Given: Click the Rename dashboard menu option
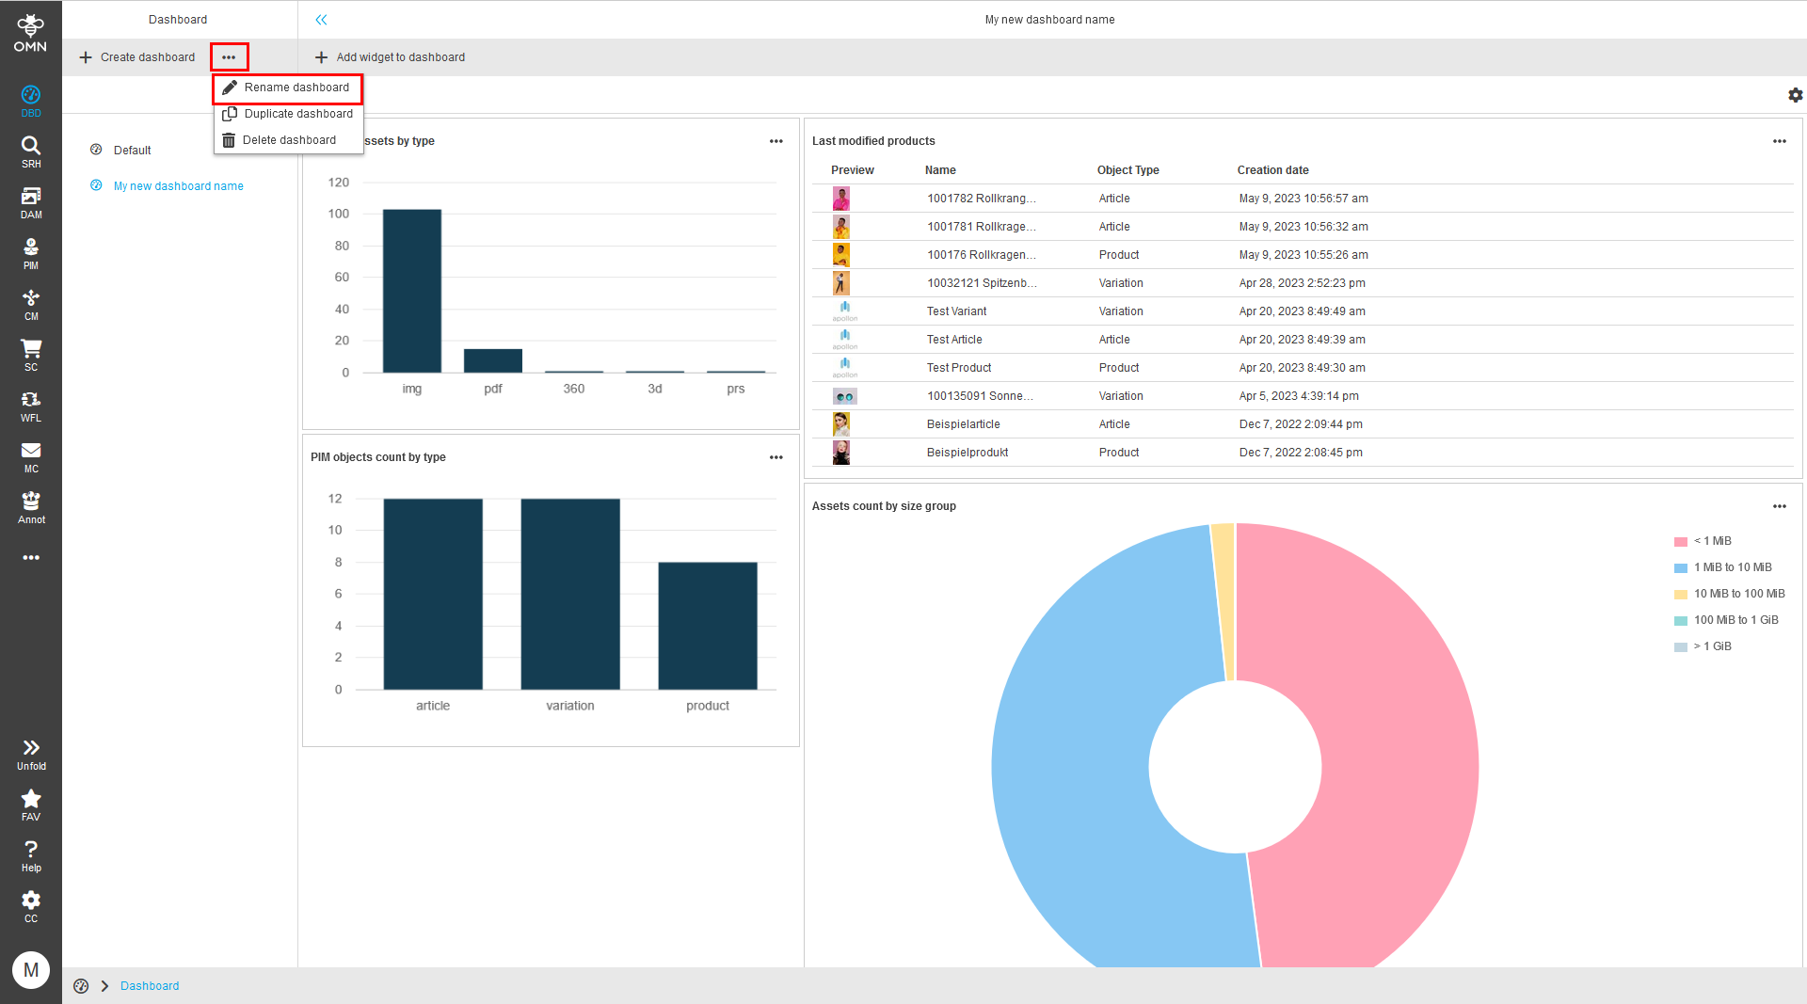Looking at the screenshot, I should point(296,88).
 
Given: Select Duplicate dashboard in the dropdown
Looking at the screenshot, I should point(297,114).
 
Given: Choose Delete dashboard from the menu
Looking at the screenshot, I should point(288,140).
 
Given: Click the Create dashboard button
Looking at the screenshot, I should point(137,57).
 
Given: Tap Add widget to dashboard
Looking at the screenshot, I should point(390,57).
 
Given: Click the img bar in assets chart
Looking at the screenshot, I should point(411,291).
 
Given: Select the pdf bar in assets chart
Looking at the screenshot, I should point(492,360).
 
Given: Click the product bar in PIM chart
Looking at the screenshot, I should point(708,626).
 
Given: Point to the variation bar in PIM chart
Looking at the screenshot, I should point(570,594).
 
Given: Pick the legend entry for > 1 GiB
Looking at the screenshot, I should point(1712,646).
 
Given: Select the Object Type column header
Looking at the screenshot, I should point(1127,170).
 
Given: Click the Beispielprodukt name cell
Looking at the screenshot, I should point(967,453).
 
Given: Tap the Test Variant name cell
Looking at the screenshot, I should point(956,311).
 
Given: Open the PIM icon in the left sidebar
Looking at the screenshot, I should point(31,252).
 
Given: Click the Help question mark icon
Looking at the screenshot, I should point(31,854).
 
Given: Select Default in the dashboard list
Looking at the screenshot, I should point(132,151).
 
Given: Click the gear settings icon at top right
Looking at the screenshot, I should point(1795,95).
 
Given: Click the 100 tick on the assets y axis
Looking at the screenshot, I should point(338,214).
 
